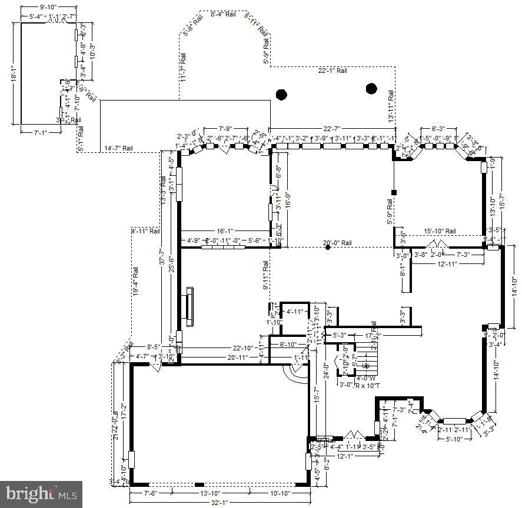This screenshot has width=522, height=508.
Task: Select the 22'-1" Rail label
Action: tap(333, 71)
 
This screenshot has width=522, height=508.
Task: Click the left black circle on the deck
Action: tap(282, 93)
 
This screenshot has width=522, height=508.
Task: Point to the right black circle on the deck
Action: tap(371, 89)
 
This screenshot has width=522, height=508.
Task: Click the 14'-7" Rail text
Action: tap(119, 148)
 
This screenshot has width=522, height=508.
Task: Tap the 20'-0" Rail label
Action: tap(338, 243)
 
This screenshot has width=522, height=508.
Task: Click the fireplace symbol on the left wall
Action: tap(189, 306)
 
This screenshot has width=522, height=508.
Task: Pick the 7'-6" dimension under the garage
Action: tap(151, 493)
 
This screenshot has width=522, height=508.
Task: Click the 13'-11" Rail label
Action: tap(391, 106)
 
